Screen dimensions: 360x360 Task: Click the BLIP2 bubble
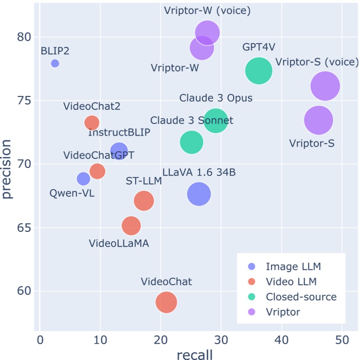[x=55, y=63]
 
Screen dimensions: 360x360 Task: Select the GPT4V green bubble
[x=259, y=70]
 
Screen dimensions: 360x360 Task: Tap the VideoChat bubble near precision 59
[x=166, y=302]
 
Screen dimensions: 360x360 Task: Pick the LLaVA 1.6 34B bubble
[x=199, y=193]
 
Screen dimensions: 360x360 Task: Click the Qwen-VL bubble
[x=83, y=179]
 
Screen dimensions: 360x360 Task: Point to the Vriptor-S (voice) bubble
[x=325, y=86]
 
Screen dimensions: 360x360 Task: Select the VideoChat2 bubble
[x=92, y=123]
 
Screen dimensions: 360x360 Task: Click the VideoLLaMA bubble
[x=131, y=226]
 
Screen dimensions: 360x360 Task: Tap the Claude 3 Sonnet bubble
[x=191, y=142]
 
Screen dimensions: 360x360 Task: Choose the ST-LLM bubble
[x=144, y=201]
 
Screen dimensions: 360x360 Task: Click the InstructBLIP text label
[x=119, y=132]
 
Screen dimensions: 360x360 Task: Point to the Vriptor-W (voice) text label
[x=207, y=10]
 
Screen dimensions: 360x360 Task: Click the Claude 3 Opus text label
[x=216, y=98]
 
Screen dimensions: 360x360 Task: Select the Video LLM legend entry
[x=291, y=282]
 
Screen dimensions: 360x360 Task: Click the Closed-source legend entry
[x=301, y=297]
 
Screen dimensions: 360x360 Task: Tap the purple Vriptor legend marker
[x=252, y=312]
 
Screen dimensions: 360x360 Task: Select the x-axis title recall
[x=194, y=354]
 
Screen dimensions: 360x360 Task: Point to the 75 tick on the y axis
[x=23, y=101]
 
